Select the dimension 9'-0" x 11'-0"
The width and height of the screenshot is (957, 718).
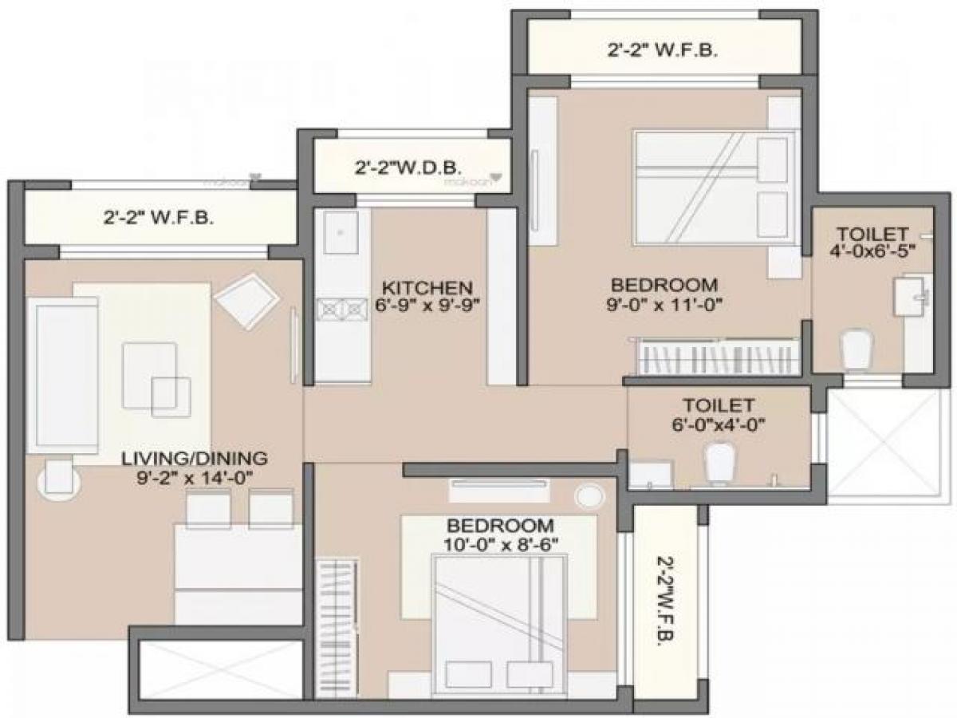(x=664, y=303)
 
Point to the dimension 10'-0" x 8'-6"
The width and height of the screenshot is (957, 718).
(x=500, y=544)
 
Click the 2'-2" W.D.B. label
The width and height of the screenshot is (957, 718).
(x=408, y=169)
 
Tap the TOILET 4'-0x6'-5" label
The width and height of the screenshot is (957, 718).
(x=872, y=241)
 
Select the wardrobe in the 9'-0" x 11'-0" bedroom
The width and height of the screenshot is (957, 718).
(x=718, y=355)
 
